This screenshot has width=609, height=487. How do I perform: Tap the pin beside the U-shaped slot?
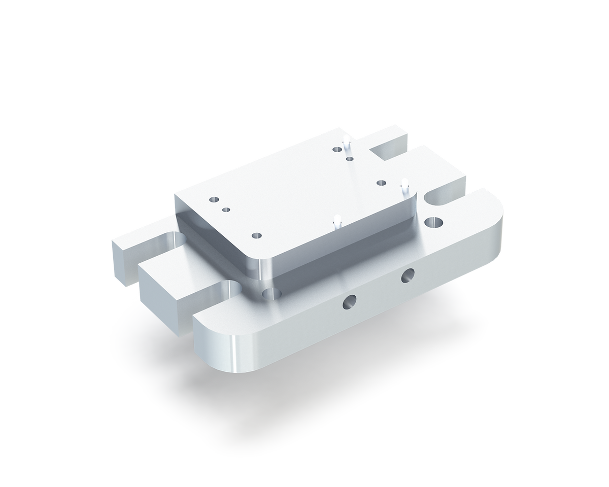[404, 185]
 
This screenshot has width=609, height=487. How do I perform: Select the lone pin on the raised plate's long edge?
[336, 222]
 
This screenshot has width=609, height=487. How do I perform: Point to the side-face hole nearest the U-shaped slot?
[407, 276]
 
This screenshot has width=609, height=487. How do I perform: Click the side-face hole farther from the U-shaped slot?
[349, 303]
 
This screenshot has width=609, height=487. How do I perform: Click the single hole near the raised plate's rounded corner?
[256, 235]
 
